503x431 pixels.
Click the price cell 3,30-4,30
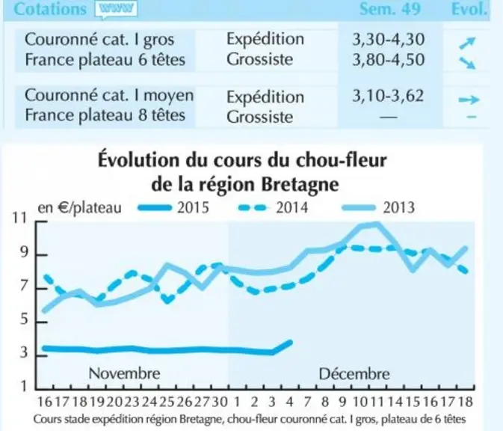(x=388, y=40)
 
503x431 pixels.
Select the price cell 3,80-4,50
(x=388, y=60)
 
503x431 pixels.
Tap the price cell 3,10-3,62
(x=388, y=96)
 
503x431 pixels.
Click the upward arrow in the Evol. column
(x=466, y=43)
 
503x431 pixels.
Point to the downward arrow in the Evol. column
(x=466, y=63)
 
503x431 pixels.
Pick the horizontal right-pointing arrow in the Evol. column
(x=469, y=100)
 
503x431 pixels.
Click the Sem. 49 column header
(x=389, y=9)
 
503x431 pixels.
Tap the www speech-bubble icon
(x=116, y=9)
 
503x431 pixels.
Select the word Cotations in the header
(x=50, y=9)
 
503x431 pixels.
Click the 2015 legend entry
(x=173, y=207)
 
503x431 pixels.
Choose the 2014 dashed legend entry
(x=274, y=207)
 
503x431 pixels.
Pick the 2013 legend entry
(x=378, y=207)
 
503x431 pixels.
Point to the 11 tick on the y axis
(x=19, y=218)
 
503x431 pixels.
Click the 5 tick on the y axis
(x=24, y=320)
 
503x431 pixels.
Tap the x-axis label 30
(x=220, y=402)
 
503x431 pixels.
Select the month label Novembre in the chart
(x=124, y=373)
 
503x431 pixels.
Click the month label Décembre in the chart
(x=354, y=374)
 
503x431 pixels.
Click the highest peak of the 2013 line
(x=376, y=224)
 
